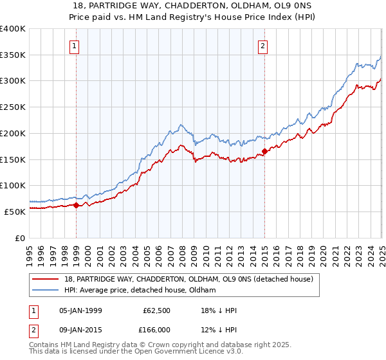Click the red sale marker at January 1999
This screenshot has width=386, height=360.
click(x=76, y=205)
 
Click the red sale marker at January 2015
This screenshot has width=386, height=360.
click(x=264, y=152)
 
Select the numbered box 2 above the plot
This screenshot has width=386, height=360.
click(x=264, y=46)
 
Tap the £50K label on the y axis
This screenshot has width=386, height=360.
click(x=15, y=212)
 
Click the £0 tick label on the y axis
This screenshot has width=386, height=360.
click(x=21, y=238)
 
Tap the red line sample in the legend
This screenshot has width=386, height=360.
click(x=46, y=279)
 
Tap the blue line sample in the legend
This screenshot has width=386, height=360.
click(x=46, y=291)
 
